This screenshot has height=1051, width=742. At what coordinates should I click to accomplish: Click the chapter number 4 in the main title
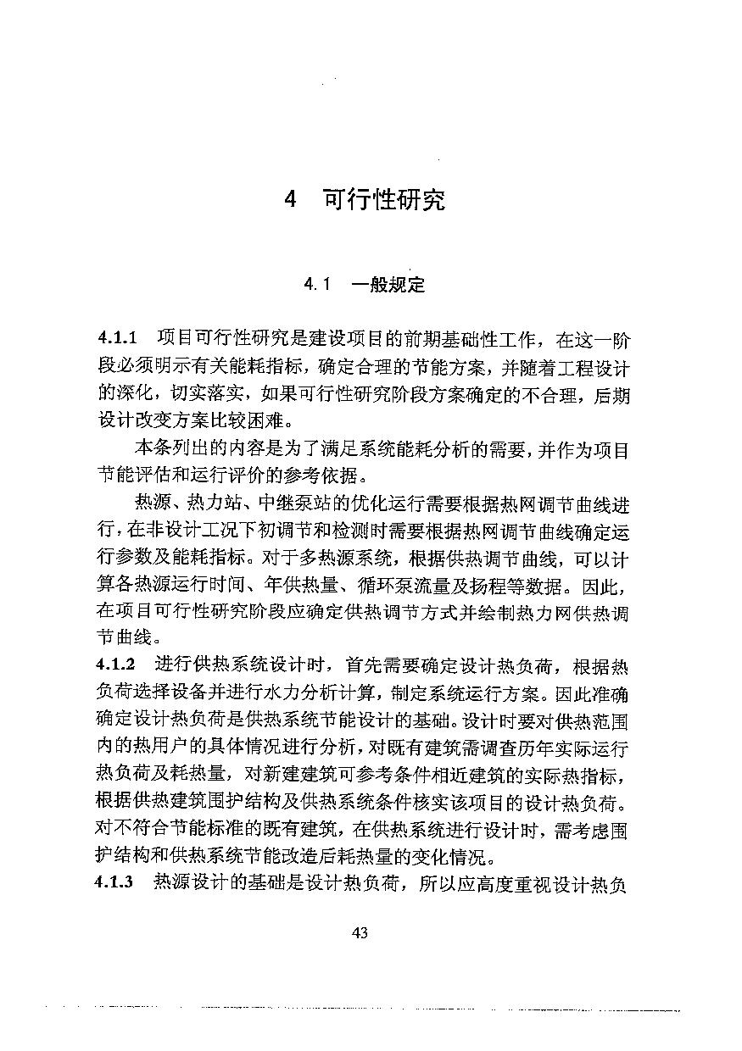pos(291,201)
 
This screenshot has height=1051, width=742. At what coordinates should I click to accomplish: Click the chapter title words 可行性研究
pos(384,201)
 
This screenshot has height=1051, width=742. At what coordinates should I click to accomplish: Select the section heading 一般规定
pos(388,284)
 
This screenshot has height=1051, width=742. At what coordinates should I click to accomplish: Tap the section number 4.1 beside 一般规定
pos(316,285)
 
